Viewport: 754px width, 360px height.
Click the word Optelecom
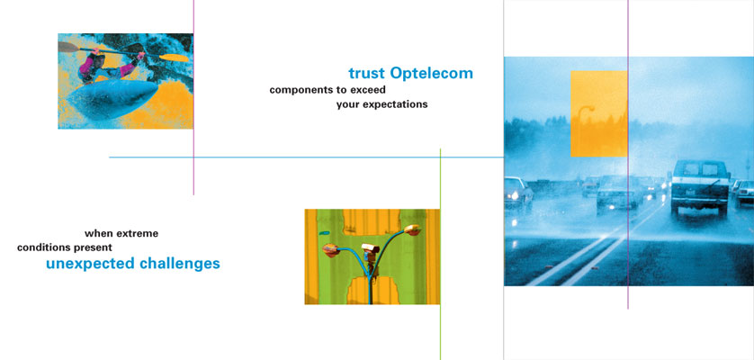pos(431,73)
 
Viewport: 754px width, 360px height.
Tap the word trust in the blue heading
pos(366,73)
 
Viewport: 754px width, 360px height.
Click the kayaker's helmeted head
pos(97,60)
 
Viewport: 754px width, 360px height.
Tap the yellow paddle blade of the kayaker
pos(174,58)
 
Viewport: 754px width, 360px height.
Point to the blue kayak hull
pos(112,99)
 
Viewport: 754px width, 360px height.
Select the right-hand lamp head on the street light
pos(413,230)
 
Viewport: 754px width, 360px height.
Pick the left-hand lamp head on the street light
pos(331,250)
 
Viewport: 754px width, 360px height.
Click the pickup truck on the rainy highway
pos(700,188)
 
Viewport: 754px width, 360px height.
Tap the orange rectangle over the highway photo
pos(599,113)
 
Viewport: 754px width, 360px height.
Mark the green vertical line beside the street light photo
pos(440,254)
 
